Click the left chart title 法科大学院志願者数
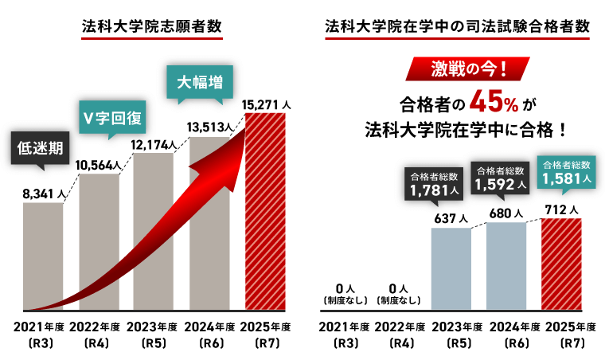click(151, 25)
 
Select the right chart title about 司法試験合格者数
click(458, 25)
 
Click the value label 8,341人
click(44, 192)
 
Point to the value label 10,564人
click(98, 165)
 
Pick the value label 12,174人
click(154, 144)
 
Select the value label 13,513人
click(209, 125)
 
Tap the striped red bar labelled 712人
click(561, 264)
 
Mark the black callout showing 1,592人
click(500, 178)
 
